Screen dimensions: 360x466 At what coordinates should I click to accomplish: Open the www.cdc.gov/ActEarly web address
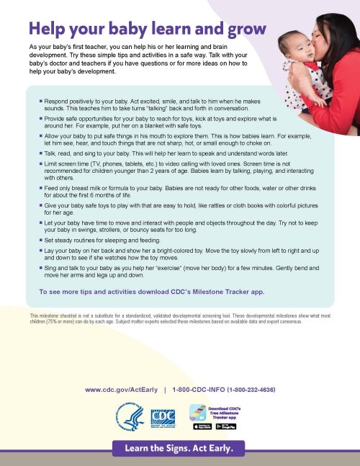coord(121,389)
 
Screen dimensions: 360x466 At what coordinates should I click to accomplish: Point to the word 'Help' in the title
coord(50,29)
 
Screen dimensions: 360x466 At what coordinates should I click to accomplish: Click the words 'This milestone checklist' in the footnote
coord(57,316)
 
